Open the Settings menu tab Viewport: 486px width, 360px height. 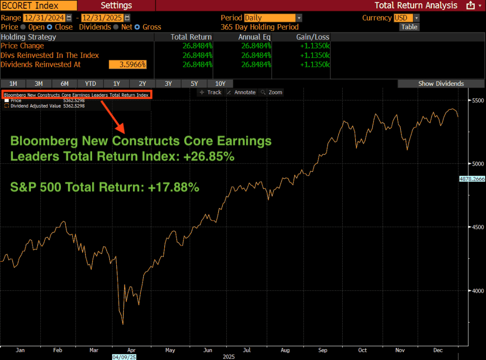point(116,5)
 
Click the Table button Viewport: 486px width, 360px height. point(409,27)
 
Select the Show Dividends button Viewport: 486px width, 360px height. point(441,83)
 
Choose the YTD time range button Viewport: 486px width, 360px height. point(90,83)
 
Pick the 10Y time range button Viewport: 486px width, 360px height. point(220,83)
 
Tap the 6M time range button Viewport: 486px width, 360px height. point(65,83)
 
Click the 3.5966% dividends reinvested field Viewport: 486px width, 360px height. point(128,65)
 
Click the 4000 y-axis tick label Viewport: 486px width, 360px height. point(476,291)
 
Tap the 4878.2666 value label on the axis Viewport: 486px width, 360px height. point(472,179)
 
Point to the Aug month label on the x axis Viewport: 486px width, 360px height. point(284,350)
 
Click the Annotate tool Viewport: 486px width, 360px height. point(242,92)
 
